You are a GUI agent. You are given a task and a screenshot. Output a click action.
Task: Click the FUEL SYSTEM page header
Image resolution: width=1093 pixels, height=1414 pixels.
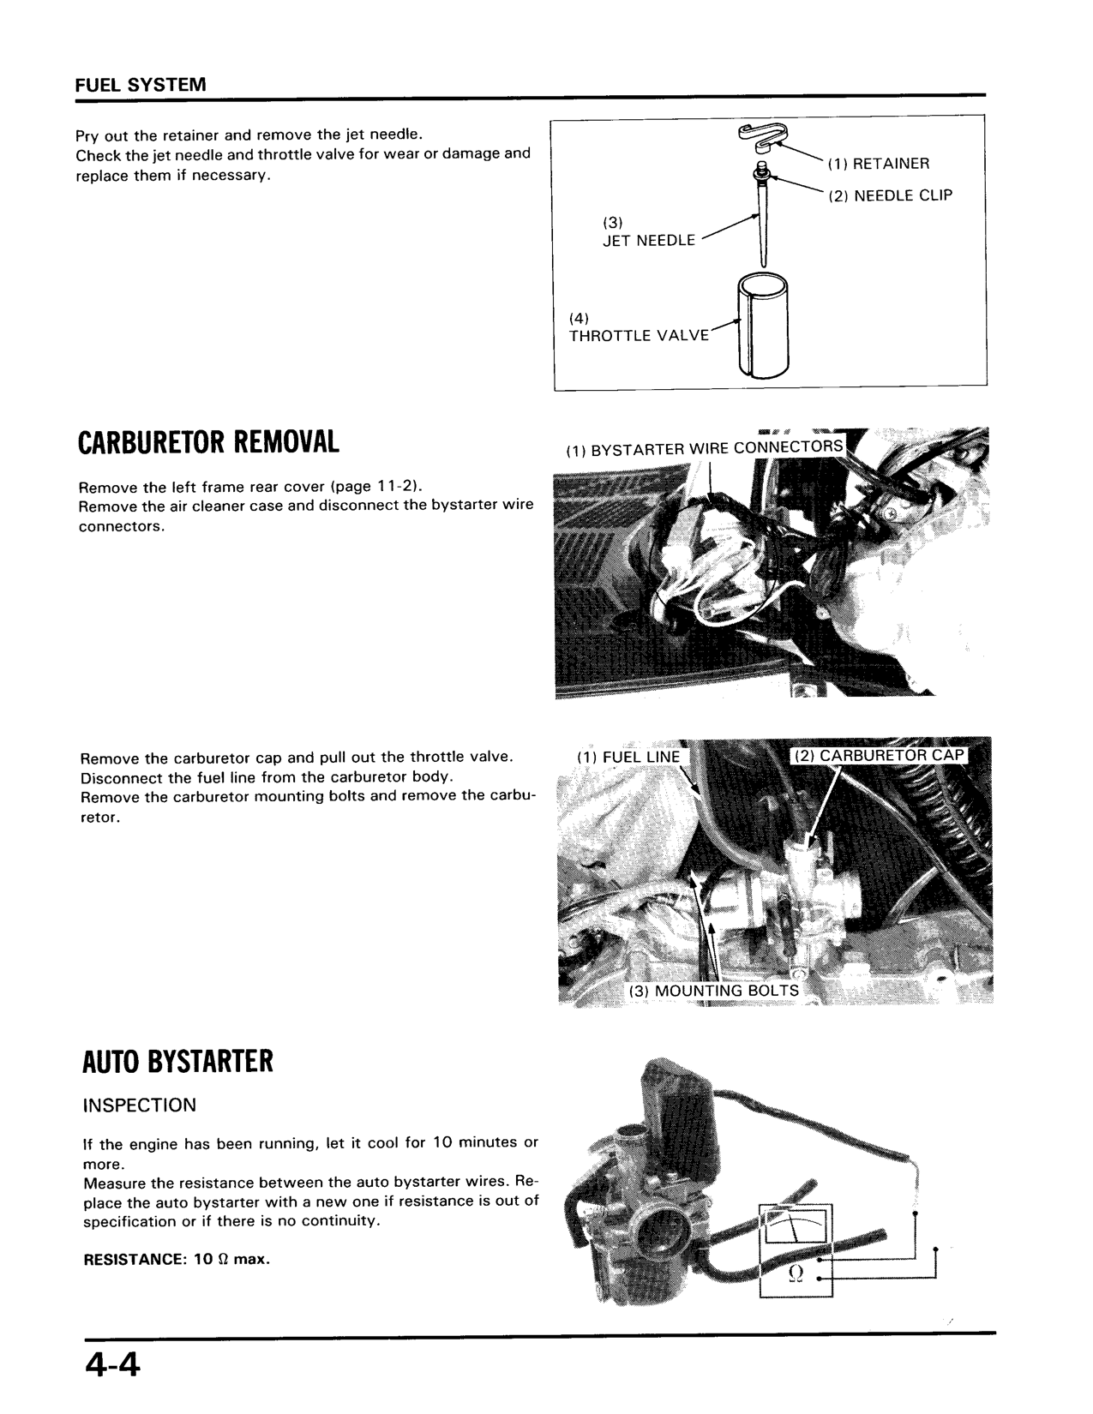[141, 85]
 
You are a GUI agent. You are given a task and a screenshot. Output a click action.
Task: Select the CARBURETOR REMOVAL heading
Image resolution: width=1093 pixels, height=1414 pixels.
[208, 443]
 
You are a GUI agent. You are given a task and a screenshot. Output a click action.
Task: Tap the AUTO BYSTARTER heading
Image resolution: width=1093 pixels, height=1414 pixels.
[177, 1062]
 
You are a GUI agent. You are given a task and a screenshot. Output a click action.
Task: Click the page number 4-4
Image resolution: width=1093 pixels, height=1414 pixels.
[112, 1363]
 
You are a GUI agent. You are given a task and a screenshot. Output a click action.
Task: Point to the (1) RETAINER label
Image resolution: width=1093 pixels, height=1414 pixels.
[879, 164]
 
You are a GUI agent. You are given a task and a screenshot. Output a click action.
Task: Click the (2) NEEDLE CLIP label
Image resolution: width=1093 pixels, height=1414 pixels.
[890, 195]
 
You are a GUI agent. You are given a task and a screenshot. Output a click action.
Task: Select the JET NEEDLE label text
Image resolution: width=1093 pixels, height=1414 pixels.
[649, 241]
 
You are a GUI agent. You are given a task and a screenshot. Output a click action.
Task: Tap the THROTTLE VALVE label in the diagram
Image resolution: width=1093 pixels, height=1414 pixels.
[639, 335]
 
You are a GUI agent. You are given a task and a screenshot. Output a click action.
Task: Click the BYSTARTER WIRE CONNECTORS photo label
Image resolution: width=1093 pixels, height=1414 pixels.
[705, 448]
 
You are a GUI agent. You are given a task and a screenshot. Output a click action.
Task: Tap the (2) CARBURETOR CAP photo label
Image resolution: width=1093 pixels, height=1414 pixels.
[879, 756]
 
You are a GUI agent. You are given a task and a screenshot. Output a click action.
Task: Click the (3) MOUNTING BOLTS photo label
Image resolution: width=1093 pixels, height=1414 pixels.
[714, 991]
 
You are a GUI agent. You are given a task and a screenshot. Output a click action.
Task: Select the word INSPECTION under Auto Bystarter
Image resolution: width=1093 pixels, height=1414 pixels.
[139, 1105]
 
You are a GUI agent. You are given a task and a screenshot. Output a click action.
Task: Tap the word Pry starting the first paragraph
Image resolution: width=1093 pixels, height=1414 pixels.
[87, 135]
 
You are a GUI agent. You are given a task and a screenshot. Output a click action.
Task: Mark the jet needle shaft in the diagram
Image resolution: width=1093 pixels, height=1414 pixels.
[762, 223]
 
